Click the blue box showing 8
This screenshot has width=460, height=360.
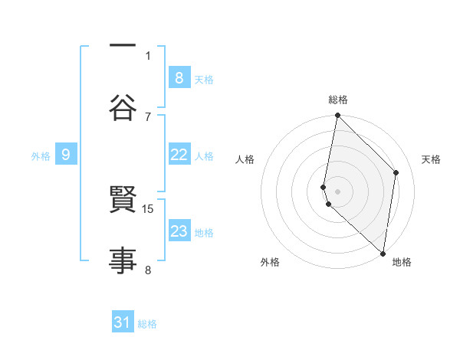(x=179, y=77)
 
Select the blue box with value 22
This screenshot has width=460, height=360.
(x=179, y=155)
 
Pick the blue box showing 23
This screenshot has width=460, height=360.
(x=179, y=231)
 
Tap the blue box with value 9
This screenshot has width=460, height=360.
(x=66, y=155)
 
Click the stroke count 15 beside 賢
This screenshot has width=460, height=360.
(x=149, y=208)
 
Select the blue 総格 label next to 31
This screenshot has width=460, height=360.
(x=147, y=324)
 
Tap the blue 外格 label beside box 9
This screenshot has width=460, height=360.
(x=41, y=156)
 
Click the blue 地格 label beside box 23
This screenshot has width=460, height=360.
(x=204, y=233)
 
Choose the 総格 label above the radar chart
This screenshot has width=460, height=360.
(x=338, y=100)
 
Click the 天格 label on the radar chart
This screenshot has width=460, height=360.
(x=432, y=159)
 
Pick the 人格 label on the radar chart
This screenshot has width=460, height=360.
(x=245, y=159)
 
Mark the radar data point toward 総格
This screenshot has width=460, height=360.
(x=337, y=116)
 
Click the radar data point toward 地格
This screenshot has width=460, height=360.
(x=383, y=252)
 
